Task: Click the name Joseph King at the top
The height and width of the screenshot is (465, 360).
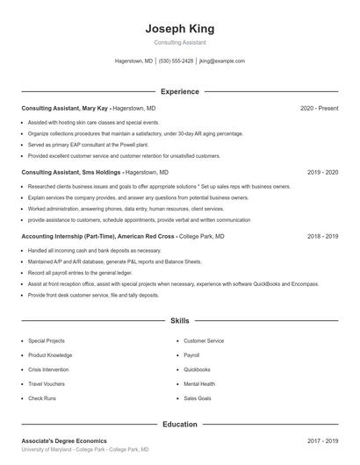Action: click(179, 29)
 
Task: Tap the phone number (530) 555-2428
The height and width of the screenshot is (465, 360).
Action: click(176, 61)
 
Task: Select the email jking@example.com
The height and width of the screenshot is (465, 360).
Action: click(222, 61)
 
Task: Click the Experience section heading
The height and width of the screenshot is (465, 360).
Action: click(179, 91)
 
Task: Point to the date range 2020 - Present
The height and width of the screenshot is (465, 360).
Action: click(319, 108)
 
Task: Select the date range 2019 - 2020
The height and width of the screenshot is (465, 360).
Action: click(322, 173)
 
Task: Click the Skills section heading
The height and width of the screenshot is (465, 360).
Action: click(179, 321)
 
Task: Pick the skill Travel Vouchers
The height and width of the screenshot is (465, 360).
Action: click(47, 383)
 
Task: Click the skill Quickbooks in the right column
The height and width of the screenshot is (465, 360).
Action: click(197, 369)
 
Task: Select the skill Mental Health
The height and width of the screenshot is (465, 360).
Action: click(198, 383)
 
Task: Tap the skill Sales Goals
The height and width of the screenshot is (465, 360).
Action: click(197, 398)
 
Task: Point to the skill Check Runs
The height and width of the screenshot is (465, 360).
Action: click(42, 398)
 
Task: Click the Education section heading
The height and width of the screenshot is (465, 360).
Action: click(179, 424)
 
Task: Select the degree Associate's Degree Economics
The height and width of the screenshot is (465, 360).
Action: click(64, 440)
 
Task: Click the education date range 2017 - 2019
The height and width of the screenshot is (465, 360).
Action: click(322, 440)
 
